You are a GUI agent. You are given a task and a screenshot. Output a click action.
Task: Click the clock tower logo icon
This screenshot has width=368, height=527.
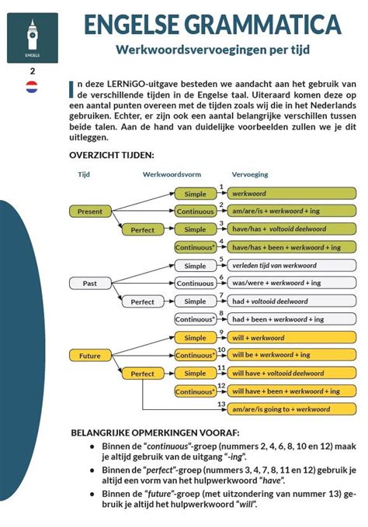33,37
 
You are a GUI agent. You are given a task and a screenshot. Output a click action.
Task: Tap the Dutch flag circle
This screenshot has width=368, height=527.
33,86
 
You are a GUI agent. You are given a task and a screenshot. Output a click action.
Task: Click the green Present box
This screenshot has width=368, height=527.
91,211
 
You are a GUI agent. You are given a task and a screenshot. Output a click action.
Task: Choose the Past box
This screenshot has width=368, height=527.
91,283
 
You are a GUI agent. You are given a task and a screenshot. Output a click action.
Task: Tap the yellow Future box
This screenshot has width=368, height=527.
91,355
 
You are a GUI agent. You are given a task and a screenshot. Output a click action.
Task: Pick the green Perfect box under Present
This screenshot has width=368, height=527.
143,229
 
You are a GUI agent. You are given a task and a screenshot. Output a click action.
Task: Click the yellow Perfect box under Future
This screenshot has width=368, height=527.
143,374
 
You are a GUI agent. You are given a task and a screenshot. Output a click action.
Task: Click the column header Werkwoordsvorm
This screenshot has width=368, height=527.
172,174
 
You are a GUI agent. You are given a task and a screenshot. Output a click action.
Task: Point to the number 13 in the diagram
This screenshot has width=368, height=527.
222,404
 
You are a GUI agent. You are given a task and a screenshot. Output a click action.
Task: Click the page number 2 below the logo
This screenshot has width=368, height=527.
33,71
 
